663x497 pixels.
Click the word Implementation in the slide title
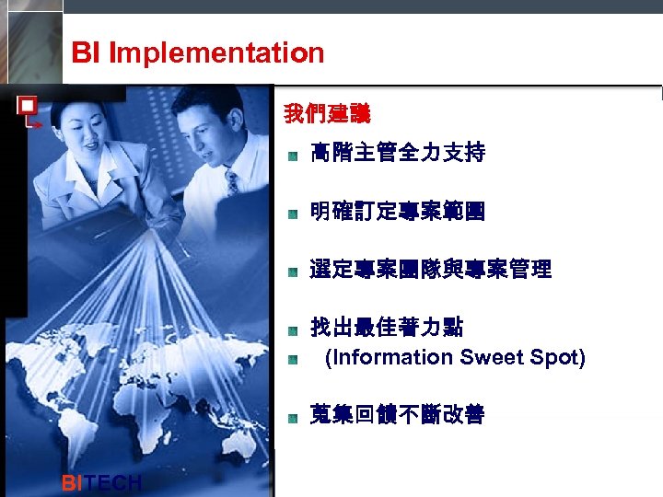(x=216, y=53)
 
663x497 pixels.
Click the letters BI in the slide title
(x=86, y=53)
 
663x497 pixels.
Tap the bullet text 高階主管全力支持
(x=397, y=154)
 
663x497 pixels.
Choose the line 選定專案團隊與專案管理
(x=430, y=270)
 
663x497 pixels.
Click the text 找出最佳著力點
(x=386, y=328)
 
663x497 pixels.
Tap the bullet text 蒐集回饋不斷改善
(x=397, y=415)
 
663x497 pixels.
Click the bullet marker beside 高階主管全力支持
(x=291, y=156)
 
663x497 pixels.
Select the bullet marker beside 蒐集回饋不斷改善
(x=291, y=417)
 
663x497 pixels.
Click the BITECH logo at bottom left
(x=100, y=483)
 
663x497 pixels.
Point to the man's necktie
(x=231, y=181)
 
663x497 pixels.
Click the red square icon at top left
(x=27, y=105)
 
